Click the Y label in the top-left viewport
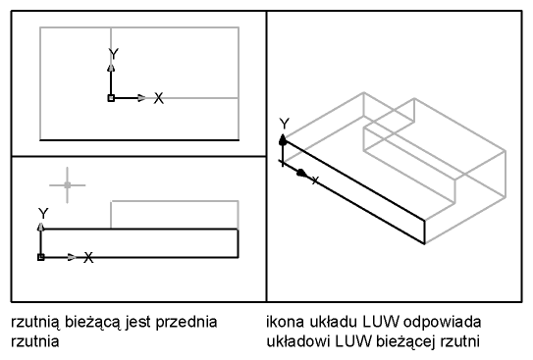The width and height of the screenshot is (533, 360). point(114,54)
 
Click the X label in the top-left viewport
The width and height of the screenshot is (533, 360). point(158,98)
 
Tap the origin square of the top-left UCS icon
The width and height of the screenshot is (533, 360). point(111,98)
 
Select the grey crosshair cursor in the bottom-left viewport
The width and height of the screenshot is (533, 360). point(68,185)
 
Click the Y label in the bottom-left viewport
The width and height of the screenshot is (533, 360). point(43,214)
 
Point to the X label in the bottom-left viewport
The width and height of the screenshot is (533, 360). point(88,257)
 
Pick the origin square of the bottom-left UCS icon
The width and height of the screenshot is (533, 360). point(41,257)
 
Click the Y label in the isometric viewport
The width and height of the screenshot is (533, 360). point(285,124)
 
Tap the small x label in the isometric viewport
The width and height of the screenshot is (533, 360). point(315,180)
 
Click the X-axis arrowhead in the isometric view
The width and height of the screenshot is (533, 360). point(302,174)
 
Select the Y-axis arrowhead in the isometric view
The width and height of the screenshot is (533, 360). point(283,139)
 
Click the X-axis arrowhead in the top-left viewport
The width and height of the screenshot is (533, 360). point(141,98)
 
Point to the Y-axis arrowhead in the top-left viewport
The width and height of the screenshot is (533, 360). point(111,68)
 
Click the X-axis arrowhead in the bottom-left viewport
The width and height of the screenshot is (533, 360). point(72,257)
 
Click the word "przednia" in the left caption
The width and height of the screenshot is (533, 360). point(187,322)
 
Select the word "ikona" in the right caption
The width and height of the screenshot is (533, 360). point(286,322)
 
